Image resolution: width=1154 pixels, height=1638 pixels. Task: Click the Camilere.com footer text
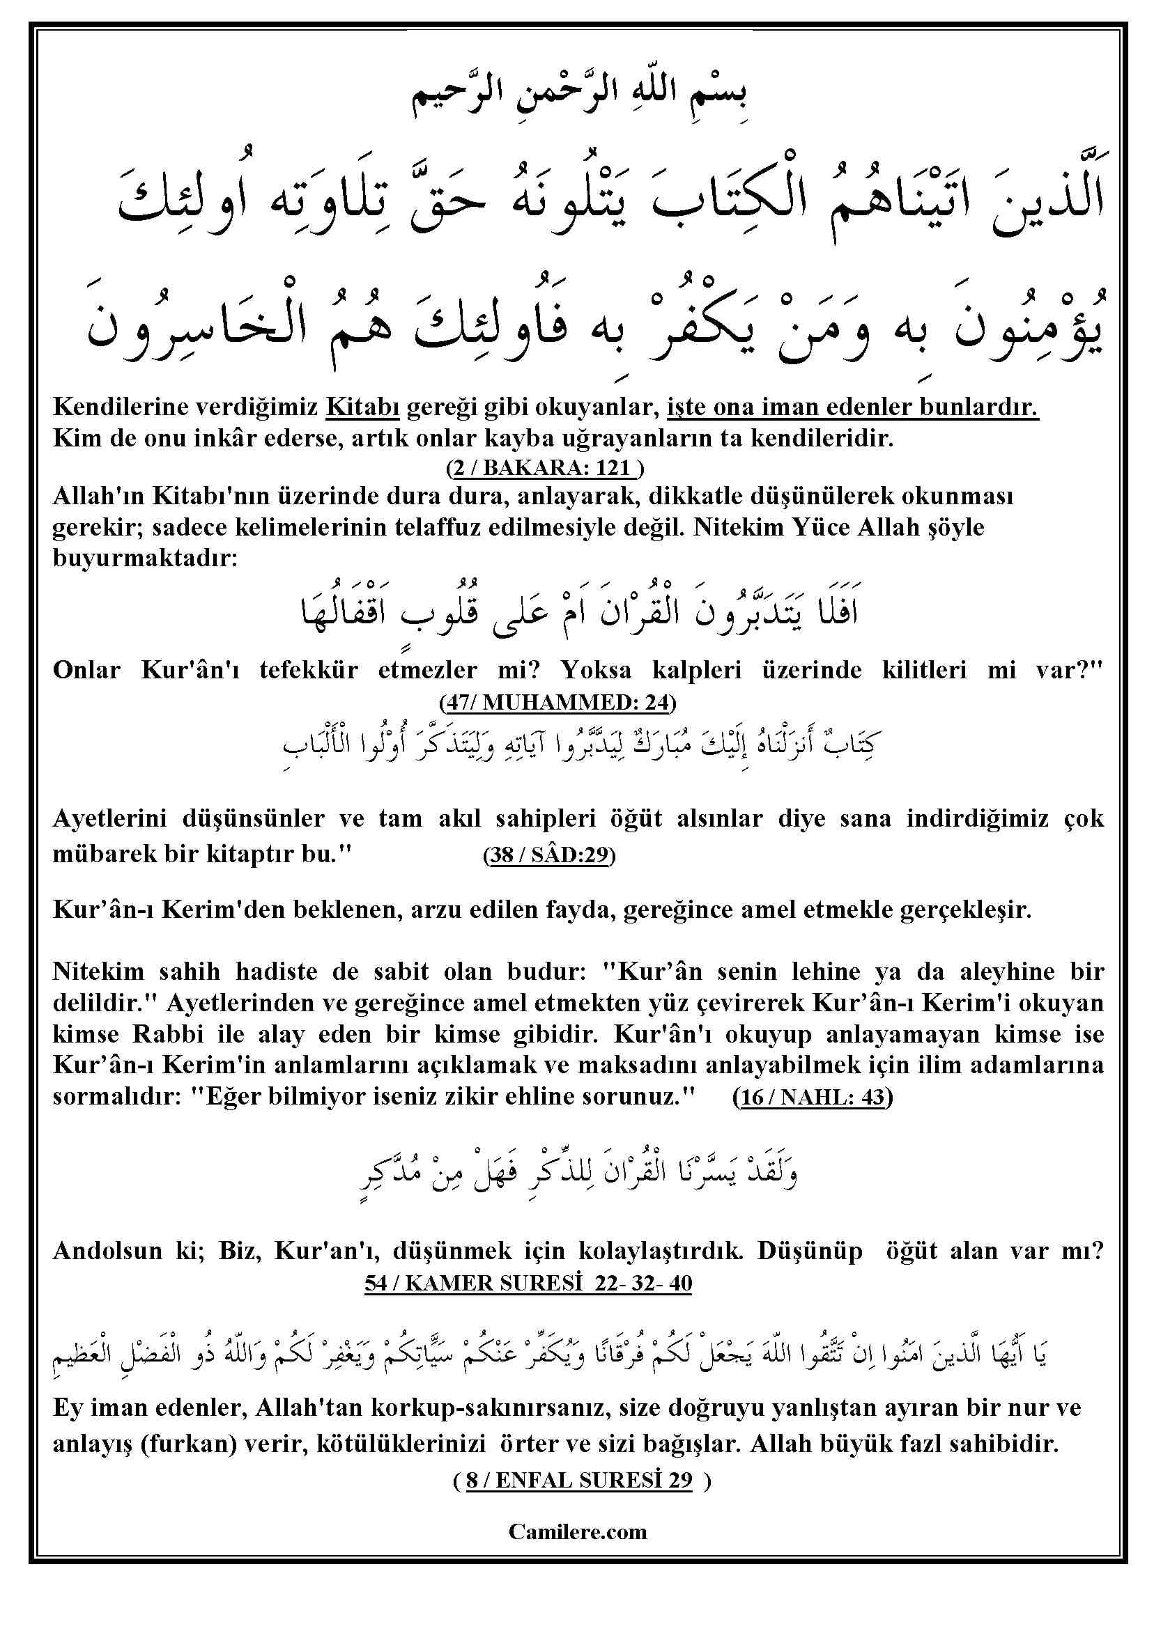578,1531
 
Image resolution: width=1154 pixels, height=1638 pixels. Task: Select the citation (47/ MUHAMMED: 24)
557,703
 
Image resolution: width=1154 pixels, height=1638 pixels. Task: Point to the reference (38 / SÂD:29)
549,855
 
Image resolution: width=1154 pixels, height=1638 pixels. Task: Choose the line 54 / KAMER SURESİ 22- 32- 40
528,1283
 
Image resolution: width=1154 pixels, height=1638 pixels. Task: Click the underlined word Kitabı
362,407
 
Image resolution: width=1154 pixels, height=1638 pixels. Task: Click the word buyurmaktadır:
145,557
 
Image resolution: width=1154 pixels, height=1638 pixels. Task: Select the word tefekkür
308,670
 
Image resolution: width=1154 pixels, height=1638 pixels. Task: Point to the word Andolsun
108,1251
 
